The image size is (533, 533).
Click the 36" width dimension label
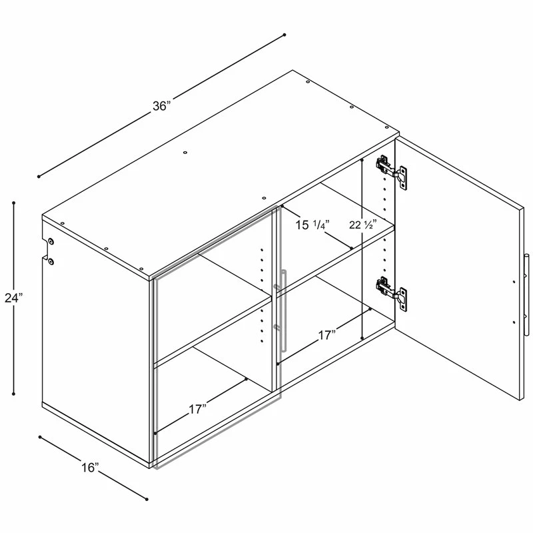pyautogui.click(x=161, y=106)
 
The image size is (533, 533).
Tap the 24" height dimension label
pyautogui.click(x=13, y=298)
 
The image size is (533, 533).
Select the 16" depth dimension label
pyautogui.click(x=90, y=468)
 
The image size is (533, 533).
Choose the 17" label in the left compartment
pyautogui.click(x=198, y=409)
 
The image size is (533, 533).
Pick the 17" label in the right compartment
pyautogui.click(x=327, y=335)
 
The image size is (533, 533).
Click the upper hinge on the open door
pyautogui.click(x=391, y=172)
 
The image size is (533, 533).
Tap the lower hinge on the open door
pyautogui.click(x=391, y=294)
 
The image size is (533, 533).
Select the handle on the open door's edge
pyautogui.click(x=526, y=294)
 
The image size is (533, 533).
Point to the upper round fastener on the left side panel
pyautogui.click(x=51, y=241)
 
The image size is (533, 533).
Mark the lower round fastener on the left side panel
pyautogui.click(x=51, y=261)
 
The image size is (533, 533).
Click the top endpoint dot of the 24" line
pyautogui.click(x=14, y=203)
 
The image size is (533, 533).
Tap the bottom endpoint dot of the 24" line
pyautogui.click(x=14, y=394)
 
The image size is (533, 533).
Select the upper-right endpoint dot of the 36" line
pyautogui.click(x=284, y=35)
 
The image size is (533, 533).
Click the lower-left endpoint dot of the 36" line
pyautogui.click(x=39, y=177)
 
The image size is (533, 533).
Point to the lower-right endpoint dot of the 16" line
pyautogui.click(x=147, y=499)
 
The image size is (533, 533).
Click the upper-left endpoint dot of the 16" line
pyautogui.click(x=40, y=437)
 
